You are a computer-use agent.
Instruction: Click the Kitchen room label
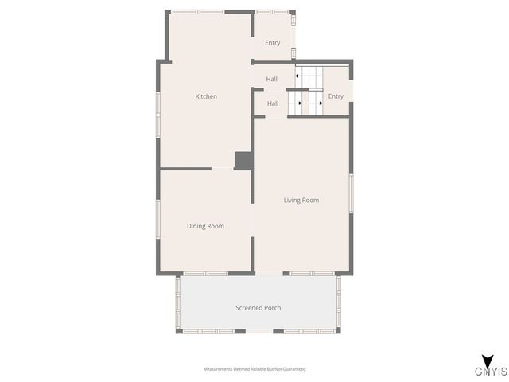coord(206,96)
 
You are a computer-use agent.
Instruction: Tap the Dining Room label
coord(205,226)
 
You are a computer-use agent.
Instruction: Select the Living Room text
coord(301,200)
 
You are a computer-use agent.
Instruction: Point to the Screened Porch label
coord(258,308)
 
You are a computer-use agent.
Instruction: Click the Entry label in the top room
coord(273,43)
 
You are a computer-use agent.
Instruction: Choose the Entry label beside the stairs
coord(336,96)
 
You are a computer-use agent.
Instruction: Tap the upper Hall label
coord(272,79)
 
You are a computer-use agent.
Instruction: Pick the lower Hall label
coord(273,103)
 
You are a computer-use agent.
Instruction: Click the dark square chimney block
coord(243,160)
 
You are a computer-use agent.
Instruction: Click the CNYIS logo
coord(491,372)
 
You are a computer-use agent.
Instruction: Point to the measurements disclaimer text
coord(254,369)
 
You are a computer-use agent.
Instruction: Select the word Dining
coord(196,226)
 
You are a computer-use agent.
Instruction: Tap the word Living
coord(293,200)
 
